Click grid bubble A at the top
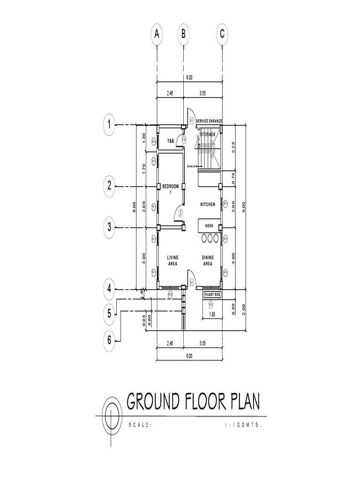tap(157, 34)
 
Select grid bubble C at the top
tap(222, 34)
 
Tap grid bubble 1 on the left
tap(109, 125)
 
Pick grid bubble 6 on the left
tap(109, 341)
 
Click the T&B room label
tap(171, 140)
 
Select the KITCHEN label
tap(208, 204)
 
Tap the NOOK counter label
tap(209, 225)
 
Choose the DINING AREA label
tap(208, 260)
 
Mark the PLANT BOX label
tap(212, 294)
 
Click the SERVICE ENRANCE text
tap(209, 121)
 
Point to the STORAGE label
tap(208, 135)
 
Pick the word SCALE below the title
tap(140, 425)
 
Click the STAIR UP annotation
tap(192, 166)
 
